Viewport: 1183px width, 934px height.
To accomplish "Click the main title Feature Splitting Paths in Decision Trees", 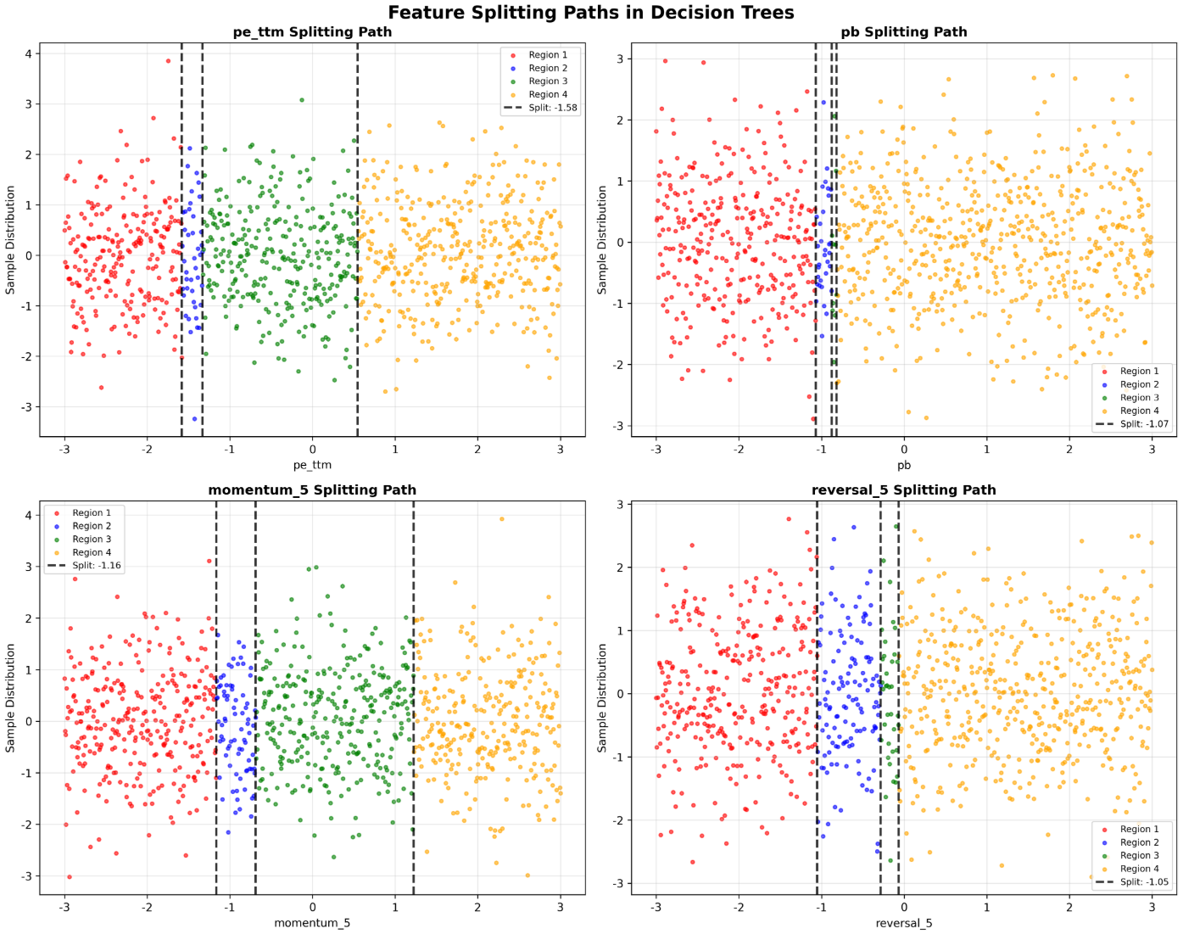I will pos(591,13).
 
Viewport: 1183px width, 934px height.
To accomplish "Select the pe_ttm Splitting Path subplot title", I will pos(312,32).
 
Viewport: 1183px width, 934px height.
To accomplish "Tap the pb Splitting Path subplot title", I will pos(903,32).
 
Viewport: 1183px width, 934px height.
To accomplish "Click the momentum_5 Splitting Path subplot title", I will pos(312,490).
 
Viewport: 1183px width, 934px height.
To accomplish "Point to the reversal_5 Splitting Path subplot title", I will pos(903,490).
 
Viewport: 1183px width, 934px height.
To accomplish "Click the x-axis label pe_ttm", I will pos(312,465).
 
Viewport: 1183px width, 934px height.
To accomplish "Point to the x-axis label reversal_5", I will pos(903,923).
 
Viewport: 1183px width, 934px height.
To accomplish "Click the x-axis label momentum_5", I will pos(312,923).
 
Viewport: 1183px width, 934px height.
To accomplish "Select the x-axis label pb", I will pos(903,465).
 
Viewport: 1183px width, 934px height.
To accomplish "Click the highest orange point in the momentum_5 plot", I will pos(502,519).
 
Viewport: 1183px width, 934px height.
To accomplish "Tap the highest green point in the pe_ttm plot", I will pos(302,100).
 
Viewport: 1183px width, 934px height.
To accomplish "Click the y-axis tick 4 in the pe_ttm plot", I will pos(29,54).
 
